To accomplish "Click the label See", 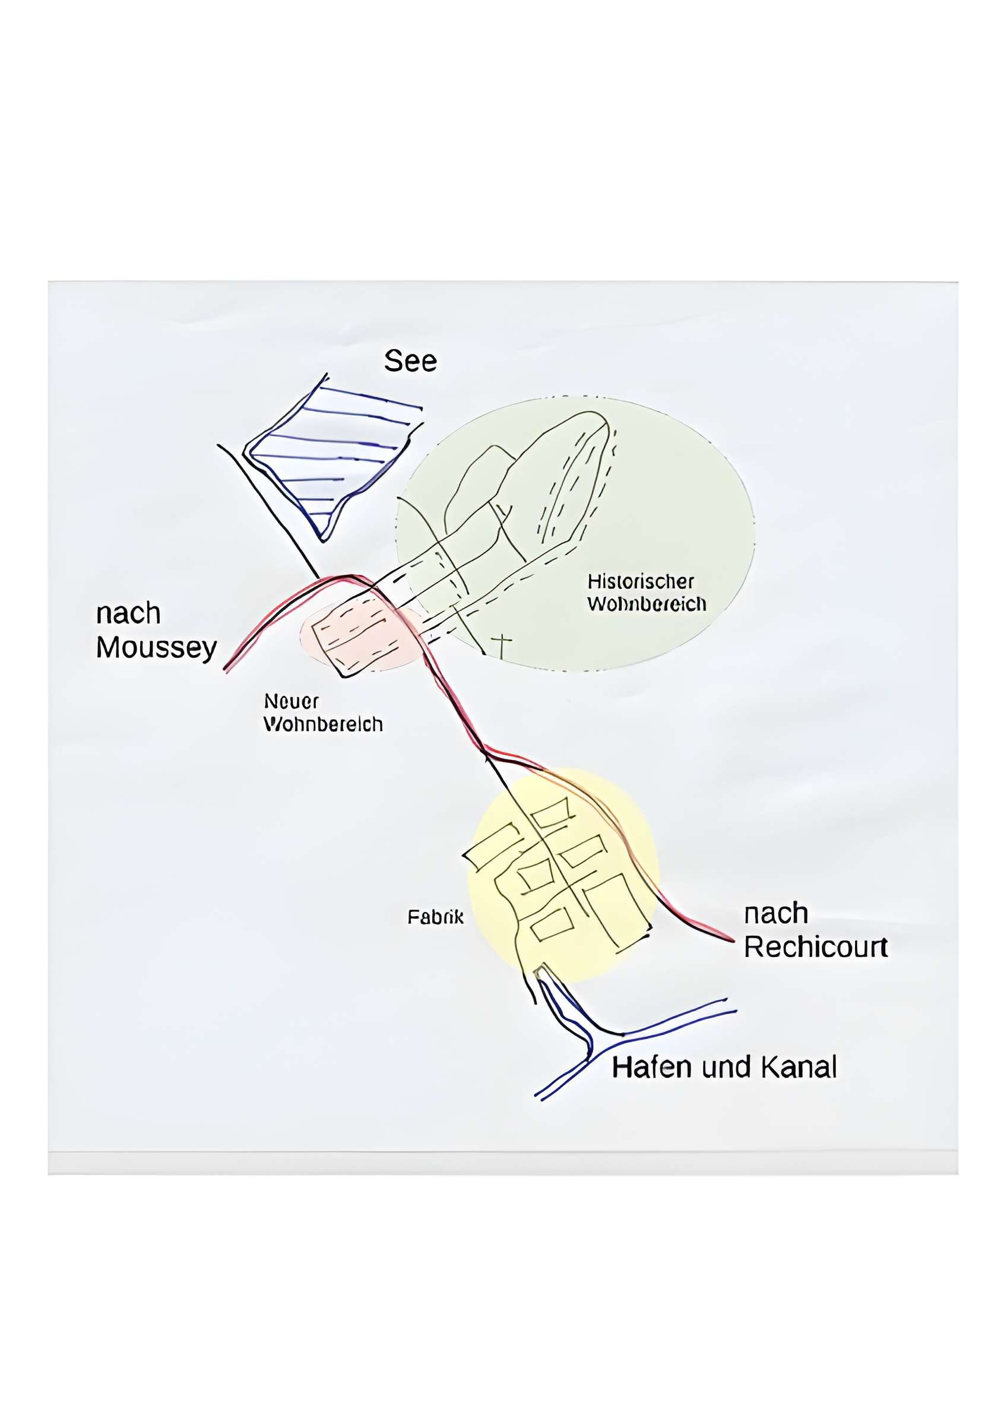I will click(x=410, y=361).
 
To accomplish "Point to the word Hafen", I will click(x=651, y=1068).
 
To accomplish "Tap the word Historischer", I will click(x=640, y=581).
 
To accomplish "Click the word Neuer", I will click(x=291, y=701).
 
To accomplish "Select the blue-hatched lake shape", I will click(x=329, y=460).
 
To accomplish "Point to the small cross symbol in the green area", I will click(x=502, y=644).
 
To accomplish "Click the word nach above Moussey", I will click(x=128, y=614).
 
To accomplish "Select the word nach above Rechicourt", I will click(x=775, y=914).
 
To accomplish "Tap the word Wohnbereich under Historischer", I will click(x=647, y=604).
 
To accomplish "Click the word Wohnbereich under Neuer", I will click(x=322, y=724).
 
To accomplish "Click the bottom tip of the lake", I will click(x=322, y=540).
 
